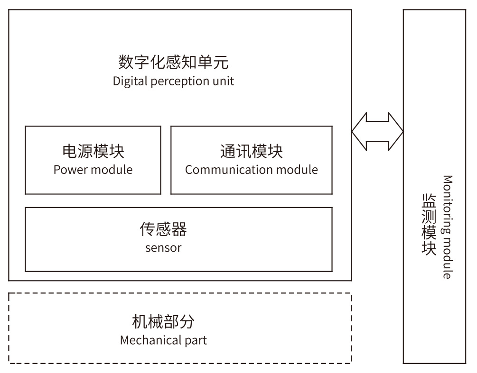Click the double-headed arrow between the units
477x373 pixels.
point(377,132)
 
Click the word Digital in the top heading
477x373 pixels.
point(130,82)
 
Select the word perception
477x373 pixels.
point(179,82)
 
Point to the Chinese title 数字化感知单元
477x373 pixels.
point(173,62)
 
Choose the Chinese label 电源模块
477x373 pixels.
point(93,151)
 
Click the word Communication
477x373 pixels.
point(228,170)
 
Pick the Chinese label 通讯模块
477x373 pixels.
point(251,151)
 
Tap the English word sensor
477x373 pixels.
point(163,248)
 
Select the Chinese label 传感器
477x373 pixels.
point(163,229)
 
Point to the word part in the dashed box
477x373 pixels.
point(196,340)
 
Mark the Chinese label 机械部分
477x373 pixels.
point(163,322)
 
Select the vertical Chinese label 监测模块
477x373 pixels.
point(429,224)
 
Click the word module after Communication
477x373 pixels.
point(297,170)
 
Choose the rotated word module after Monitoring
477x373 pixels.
point(447,258)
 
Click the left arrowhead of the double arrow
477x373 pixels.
point(359,132)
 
